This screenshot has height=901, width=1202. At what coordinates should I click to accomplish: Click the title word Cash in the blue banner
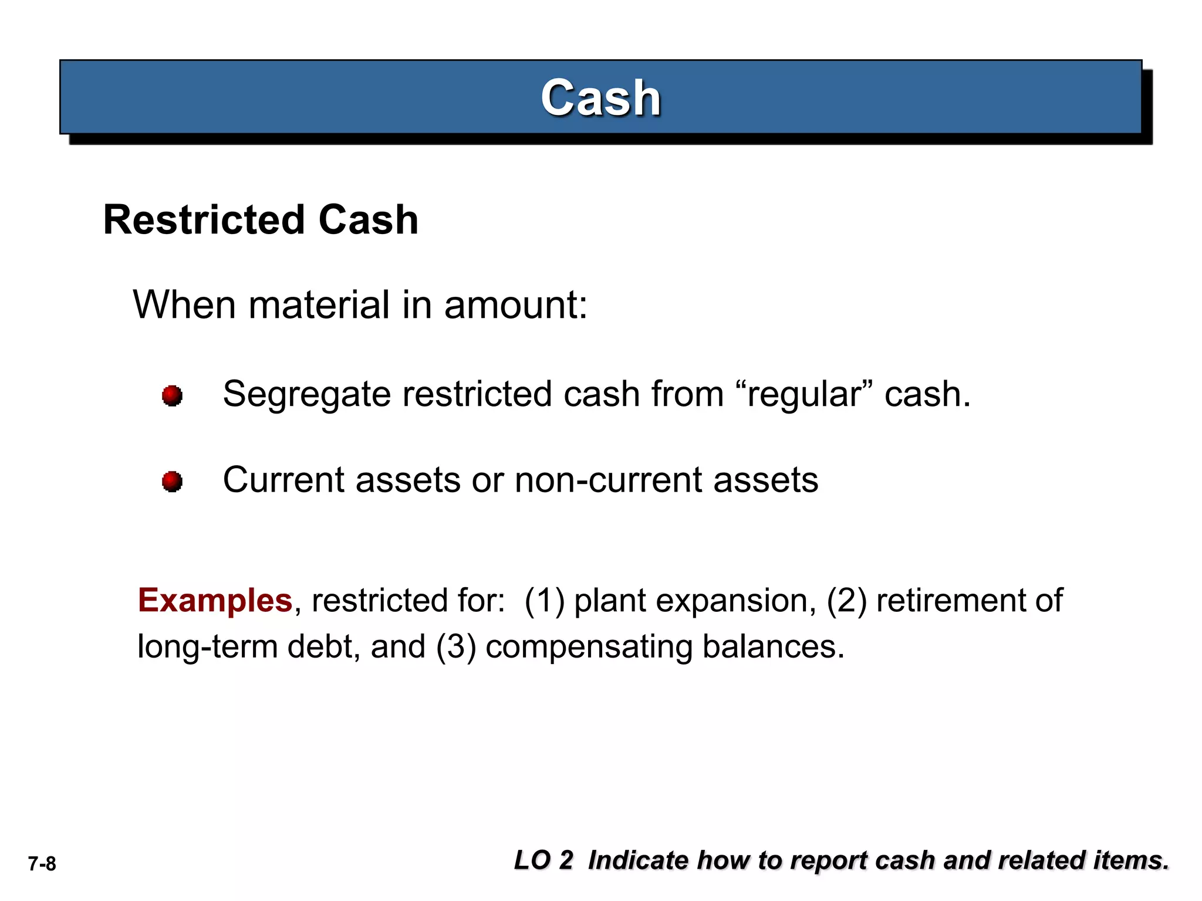pyautogui.click(x=600, y=98)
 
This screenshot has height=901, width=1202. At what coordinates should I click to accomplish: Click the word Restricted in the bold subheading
pyautogui.click(x=203, y=220)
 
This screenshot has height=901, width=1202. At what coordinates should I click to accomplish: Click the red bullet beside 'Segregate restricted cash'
pyautogui.click(x=172, y=395)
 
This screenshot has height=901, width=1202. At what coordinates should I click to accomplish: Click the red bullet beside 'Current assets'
pyautogui.click(x=172, y=482)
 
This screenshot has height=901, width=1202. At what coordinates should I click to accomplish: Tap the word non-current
pyautogui.click(x=608, y=480)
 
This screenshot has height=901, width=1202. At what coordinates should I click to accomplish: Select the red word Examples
pyautogui.click(x=215, y=601)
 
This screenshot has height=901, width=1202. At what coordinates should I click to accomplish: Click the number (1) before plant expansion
pyautogui.click(x=544, y=601)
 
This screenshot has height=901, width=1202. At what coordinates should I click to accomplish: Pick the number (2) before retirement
pyautogui.click(x=846, y=601)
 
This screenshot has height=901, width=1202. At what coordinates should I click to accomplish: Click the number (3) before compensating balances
pyautogui.click(x=455, y=647)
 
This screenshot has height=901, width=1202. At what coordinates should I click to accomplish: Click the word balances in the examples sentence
pyautogui.click(x=773, y=647)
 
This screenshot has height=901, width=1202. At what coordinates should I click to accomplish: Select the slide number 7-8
pyautogui.click(x=42, y=864)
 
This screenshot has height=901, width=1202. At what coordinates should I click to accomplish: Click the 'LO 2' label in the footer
pyautogui.click(x=543, y=861)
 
